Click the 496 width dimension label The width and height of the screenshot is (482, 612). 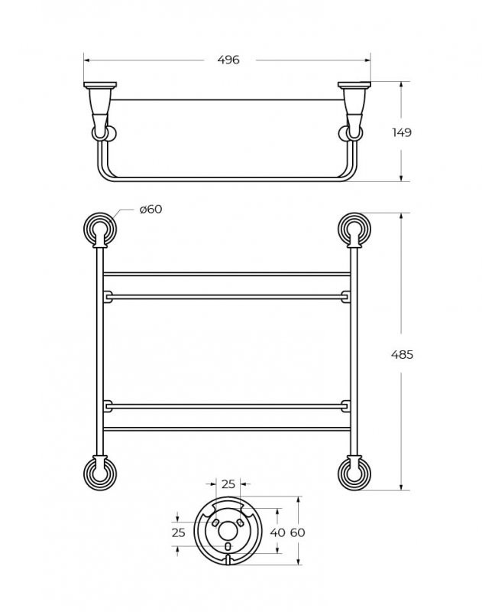coord(228,60)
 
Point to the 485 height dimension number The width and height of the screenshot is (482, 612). coord(401,354)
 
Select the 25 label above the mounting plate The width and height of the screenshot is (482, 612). coord(228,483)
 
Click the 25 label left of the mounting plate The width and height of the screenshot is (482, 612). coord(178,532)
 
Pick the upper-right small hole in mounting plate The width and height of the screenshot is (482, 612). coord(241,521)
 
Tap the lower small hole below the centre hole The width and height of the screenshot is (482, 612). coord(228,547)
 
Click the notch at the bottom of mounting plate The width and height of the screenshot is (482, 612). coord(228,563)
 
